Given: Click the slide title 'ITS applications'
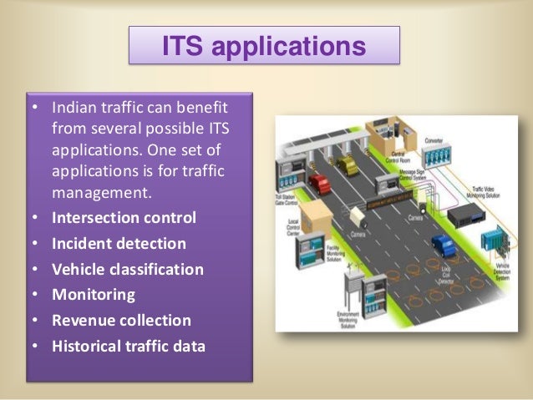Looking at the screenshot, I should [x=263, y=45].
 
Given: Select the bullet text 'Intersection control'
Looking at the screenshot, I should [x=124, y=218].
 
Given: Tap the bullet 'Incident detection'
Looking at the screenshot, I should [x=119, y=244].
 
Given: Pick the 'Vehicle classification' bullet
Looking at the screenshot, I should [x=127, y=270].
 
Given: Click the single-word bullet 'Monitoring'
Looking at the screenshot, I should [x=93, y=295].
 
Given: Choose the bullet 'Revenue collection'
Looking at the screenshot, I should [x=121, y=320].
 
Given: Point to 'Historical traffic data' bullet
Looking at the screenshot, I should [x=128, y=345].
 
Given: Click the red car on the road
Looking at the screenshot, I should [x=319, y=182].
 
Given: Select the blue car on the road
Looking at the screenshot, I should [x=443, y=245].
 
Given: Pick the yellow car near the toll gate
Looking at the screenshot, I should [x=348, y=165].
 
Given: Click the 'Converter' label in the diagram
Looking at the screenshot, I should [x=434, y=141].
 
